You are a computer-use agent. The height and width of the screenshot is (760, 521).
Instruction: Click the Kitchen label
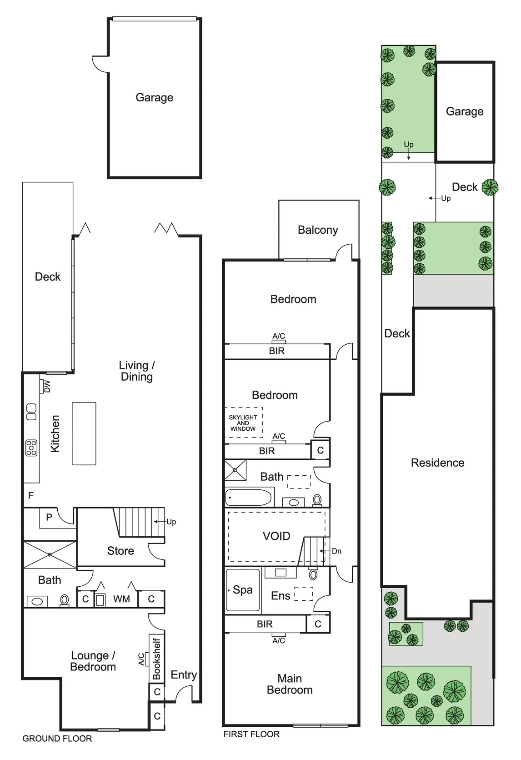pyautogui.click(x=55, y=433)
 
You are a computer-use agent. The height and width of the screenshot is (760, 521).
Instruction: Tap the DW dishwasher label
pyautogui.click(x=47, y=386)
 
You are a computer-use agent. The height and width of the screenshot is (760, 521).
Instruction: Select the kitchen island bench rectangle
pyautogui.click(x=84, y=433)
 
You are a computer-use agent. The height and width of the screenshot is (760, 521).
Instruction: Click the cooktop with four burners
pyautogui.click(x=31, y=448)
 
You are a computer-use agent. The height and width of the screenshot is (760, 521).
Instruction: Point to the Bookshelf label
pyautogui.click(x=156, y=659)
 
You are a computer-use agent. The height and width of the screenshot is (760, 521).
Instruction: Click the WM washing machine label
pyautogui.click(x=121, y=599)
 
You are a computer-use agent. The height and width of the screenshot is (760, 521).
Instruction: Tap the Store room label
pyautogui.click(x=120, y=551)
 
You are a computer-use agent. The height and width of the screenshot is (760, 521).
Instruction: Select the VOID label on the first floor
pyautogui.click(x=276, y=536)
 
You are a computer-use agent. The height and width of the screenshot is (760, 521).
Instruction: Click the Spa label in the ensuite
pyautogui.click(x=242, y=590)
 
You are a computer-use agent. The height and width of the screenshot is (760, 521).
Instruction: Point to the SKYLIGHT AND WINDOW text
pyautogui.click(x=243, y=423)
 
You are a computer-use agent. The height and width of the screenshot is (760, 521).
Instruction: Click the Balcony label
pyautogui.click(x=318, y=230)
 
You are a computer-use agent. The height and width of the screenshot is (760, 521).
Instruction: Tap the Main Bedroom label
pyautogui.click(x=290, y=684)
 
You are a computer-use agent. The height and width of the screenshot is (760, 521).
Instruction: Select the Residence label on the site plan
pyautogui.click(x=437, y=463)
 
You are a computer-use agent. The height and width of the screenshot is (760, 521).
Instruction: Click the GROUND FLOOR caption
pyautogui.click(x=57, y=739)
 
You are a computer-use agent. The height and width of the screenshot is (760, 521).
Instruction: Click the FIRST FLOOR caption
pyautogui.click(x=251, y=734)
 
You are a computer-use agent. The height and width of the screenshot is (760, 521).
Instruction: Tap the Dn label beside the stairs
pyautogui.click(x=336, y=551)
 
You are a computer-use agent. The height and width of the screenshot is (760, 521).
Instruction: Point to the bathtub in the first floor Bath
pyautogui.click(x=248, y=497)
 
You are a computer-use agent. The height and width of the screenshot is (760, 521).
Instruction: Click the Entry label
pyautogui.click(x=184, y=675)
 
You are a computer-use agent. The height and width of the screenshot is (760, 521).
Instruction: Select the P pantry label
pyautogui.click(x=49, y=517)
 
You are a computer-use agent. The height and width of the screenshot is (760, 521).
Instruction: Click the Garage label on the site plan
pyautogui.click(x=465, y=111)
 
